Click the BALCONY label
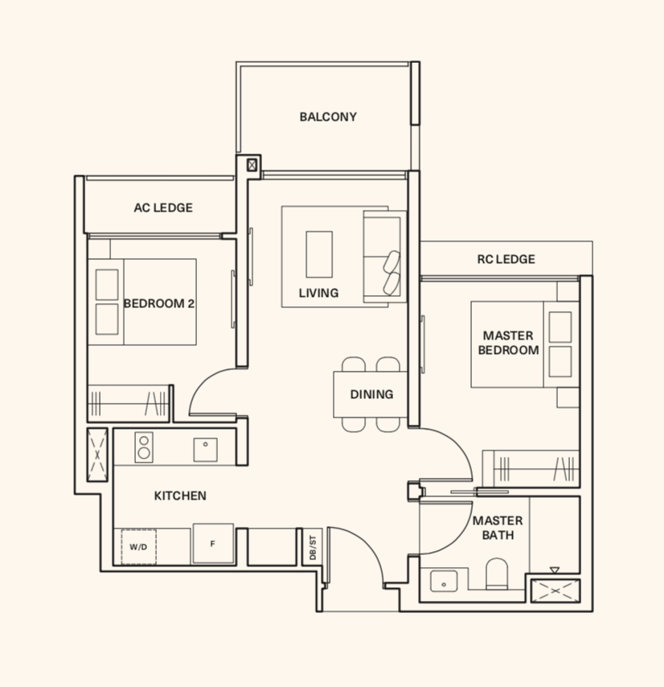(x=328, y=117)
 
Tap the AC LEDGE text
(x=163, y=208)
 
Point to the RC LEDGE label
(x=506, y=259)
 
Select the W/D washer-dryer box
(x=139, y=547)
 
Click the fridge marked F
(x=213, y=543)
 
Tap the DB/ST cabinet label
(x=313, y=547)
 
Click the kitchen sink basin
(x=205, y=450)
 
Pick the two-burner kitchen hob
(x=144, y=447)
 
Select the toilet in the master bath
(x=497, y=574)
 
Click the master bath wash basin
(x=444, y=582)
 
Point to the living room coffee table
(x=319, y=254)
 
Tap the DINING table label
(x=371, y=394)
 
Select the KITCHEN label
(x=180, y=496)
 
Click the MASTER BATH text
(x=498, y=528)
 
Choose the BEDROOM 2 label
(x=159, y=303)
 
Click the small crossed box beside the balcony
(x=252, y=165)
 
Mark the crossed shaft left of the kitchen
(x=97, y=455)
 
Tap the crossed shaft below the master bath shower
(x=555, y=590)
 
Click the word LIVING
(x=318, y=293)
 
